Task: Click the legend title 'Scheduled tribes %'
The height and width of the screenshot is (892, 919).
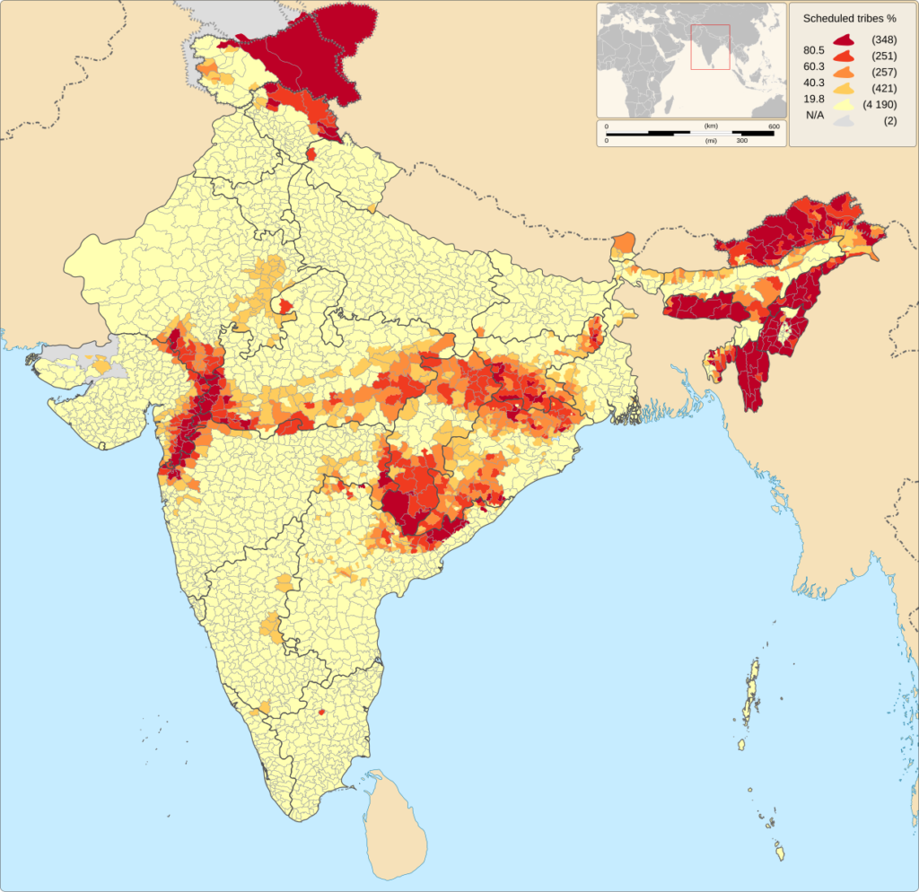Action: click(849, 18)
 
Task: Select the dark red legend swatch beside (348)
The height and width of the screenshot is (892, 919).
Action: click(843, 40)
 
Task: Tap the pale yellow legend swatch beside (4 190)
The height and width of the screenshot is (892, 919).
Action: click(843, 105)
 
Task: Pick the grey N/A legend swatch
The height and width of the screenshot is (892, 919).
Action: click(843, 120)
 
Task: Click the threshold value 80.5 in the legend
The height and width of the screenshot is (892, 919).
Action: click(814, 49)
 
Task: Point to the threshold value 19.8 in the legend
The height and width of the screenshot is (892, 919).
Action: click(814, 98)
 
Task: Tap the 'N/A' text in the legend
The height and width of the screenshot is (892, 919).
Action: click(815, 114)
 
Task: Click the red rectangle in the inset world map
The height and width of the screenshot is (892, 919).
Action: click(710, 47)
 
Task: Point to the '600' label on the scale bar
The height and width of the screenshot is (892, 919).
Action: click(773, 127)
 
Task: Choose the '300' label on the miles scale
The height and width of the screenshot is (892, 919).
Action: click(742, 141)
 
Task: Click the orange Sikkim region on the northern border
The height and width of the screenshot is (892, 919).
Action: click(623, 243)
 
